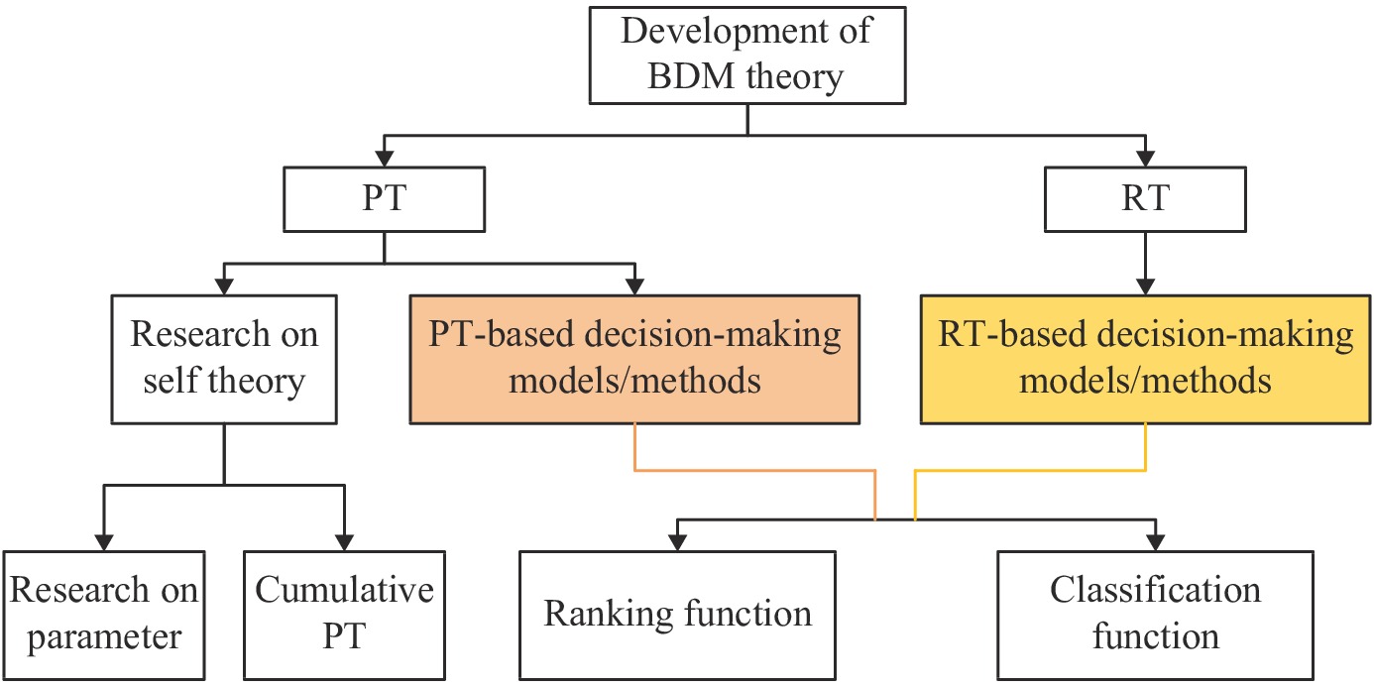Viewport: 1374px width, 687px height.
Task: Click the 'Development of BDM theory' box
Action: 747,56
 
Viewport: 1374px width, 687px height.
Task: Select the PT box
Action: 384,199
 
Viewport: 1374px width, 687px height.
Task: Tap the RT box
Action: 1145,199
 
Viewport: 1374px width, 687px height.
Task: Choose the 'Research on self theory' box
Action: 224,360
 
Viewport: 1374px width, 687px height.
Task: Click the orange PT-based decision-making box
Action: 634,360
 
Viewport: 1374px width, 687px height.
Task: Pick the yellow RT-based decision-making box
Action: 1145,360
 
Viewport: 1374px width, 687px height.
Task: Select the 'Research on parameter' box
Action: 104,616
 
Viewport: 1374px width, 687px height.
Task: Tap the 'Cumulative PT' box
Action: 344,616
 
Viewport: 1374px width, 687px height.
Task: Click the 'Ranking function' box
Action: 677,616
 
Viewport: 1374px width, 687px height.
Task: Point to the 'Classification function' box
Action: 1156,616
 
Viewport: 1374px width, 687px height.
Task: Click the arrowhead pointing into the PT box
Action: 384,159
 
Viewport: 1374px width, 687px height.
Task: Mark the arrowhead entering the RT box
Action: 1145,159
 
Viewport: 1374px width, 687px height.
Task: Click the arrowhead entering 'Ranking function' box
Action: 677,542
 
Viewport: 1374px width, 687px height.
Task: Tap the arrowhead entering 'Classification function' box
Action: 1156,542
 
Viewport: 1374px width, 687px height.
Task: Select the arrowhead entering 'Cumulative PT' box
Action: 344,542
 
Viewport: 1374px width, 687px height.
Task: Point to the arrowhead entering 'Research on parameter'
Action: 104,542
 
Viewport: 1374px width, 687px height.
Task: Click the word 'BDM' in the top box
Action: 691,76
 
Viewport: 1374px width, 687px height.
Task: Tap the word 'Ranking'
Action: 609,614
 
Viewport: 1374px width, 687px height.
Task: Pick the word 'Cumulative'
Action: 344,590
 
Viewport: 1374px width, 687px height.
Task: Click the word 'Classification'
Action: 1156,590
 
